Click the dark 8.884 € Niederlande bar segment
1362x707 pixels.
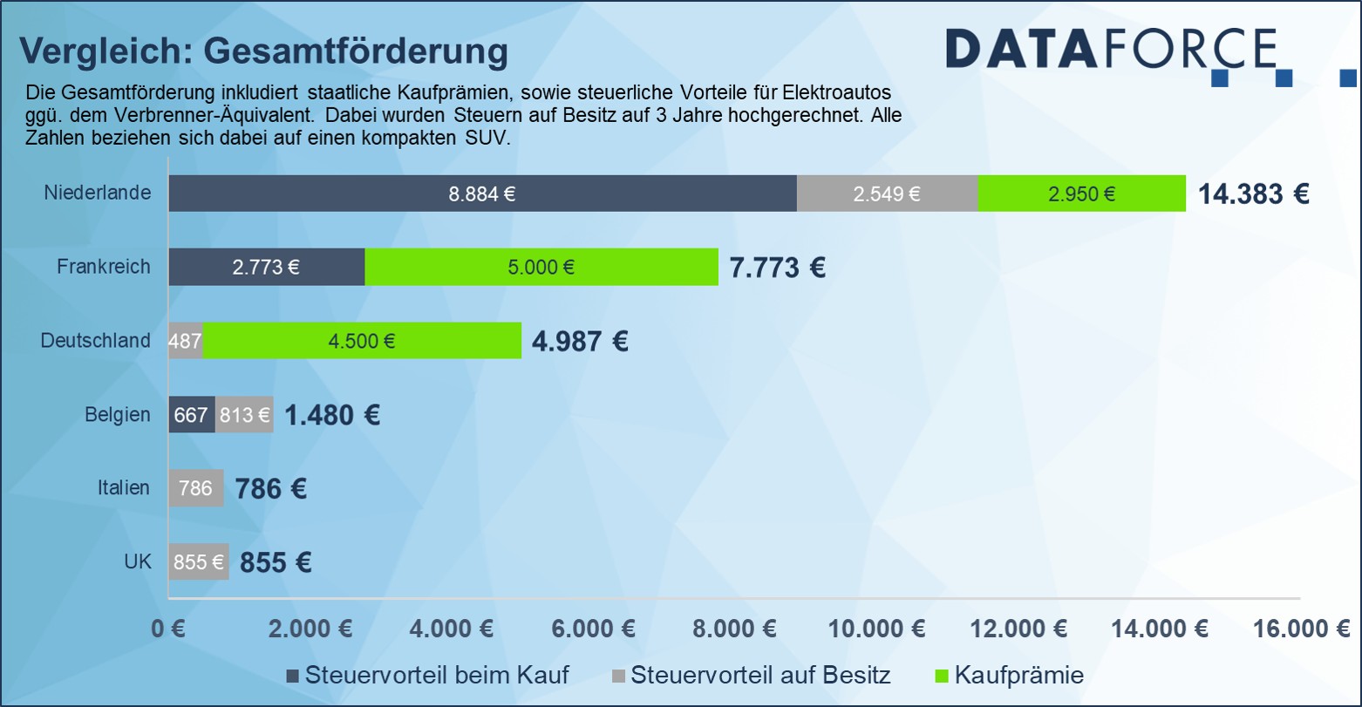(482, 194)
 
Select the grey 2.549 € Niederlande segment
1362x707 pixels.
(887, 194)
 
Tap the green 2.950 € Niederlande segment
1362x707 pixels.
(1081, 194)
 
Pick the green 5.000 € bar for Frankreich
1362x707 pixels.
(541, 268)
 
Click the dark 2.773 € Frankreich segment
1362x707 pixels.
(266, 268)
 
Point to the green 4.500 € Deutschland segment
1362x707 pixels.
(362, 341)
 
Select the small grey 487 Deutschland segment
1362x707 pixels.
(185, 341)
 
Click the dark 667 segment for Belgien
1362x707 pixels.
(191, 415)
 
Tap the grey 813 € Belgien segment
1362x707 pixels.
(244, 415)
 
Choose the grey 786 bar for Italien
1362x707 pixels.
(195, 488)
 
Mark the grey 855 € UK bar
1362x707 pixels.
(198, 562)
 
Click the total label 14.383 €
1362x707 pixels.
(1253, 194)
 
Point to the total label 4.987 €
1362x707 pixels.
(580, 341)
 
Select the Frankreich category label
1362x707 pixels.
(104, 267)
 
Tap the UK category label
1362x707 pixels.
(138, 562)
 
